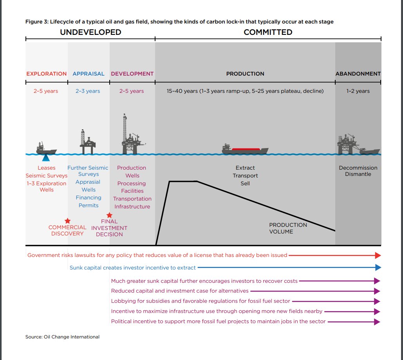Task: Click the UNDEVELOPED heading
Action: click(90, 32)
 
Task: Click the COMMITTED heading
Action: click(268, 32)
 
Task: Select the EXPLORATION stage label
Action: click(47, 74)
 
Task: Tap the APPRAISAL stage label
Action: click(89, 74)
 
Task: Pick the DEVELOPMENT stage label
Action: click(132, 74)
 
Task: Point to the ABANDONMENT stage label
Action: click(358, 74)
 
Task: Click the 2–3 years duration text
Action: click(88, 91)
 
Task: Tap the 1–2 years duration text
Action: click(358, 91)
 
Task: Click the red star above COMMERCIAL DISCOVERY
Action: click(67, 221)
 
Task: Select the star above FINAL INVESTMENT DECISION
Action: click(109, 215)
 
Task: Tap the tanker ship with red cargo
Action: click(245, 150)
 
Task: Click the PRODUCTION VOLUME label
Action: click(288, 228)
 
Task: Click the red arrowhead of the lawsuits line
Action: click(378, 255)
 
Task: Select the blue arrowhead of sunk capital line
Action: click(378, 268)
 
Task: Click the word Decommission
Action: click(358, 168)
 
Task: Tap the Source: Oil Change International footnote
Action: click(63, 337)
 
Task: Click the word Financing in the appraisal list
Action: click(89, 198)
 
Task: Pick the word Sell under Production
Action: click(245, 183)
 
